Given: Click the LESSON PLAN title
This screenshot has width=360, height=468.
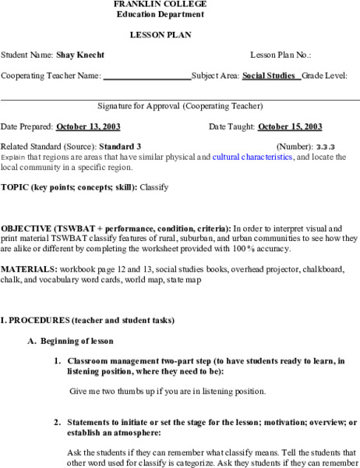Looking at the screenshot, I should point(161,35).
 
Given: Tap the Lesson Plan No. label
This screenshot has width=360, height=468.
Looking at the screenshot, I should point(281,55).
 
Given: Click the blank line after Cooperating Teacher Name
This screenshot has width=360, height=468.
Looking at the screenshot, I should point(146,76).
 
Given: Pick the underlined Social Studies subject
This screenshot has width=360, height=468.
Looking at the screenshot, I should point(270,76).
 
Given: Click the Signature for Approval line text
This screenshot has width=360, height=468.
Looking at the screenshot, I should point(180,105).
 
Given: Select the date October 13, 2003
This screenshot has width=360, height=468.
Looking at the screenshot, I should point(87,126).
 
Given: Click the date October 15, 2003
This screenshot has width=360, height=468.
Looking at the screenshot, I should point(290,126).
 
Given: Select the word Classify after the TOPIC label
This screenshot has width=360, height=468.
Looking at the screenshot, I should point(154,187).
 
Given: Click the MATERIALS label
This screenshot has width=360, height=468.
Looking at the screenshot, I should point(29,269).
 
